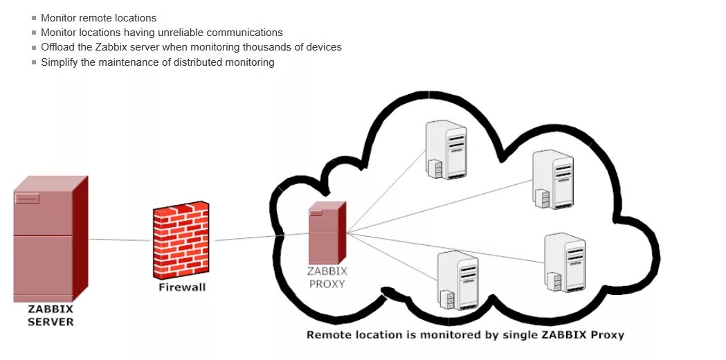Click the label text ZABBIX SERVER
(x=50, y=316)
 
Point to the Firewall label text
(x=182, y=287)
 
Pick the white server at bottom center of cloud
(x=457, y=280)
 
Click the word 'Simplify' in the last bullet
(x=60, y=62)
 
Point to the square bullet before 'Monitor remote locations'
(x=34, y=18)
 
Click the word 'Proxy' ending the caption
(x=608, y=335)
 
